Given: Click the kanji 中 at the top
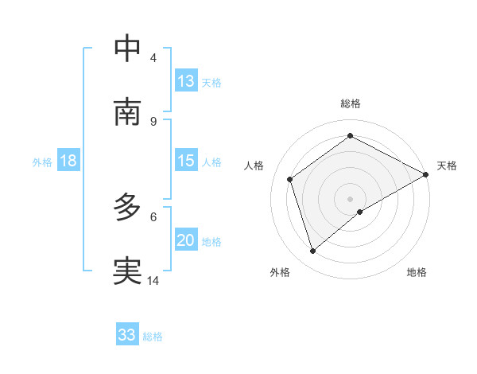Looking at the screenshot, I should pyautogui.click(x=127, y=48).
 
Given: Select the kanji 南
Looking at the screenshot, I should pyautogui.click(x=127, y=111).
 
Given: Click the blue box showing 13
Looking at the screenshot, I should pyautogui.click(x=186, y=81).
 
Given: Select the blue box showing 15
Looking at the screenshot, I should pyautogui.click(x=186, y=161).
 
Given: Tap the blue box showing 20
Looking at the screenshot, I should pyautogui.click(x=186, y=240).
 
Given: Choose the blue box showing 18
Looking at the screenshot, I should pyautogui.click(x=68, y=161).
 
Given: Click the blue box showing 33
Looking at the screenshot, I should pyautogui.click(x=127, y=335).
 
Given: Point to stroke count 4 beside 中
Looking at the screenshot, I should pyautogui.click(x=153, y=57).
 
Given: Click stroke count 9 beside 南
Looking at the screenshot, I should pyautogui.click(x=153, y=121).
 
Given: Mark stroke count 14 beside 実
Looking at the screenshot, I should pyautogui.click(x=153, y=280).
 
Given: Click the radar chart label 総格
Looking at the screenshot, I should pyautogui.click(x=351, y=103).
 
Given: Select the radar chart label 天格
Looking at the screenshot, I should pyautogui.click(x=447, y=166).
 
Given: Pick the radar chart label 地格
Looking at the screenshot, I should pyautogui.click(x=417, y=272).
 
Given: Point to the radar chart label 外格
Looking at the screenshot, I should pyautogui.click(x=280, y=272).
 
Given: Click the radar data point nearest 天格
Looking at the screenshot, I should pyautogui.click(x=427, y=173).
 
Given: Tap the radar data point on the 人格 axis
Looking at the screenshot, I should pyautogui.click(x=290, y=179).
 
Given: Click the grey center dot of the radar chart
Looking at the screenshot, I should pyautogui.click(x=351, y=198).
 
